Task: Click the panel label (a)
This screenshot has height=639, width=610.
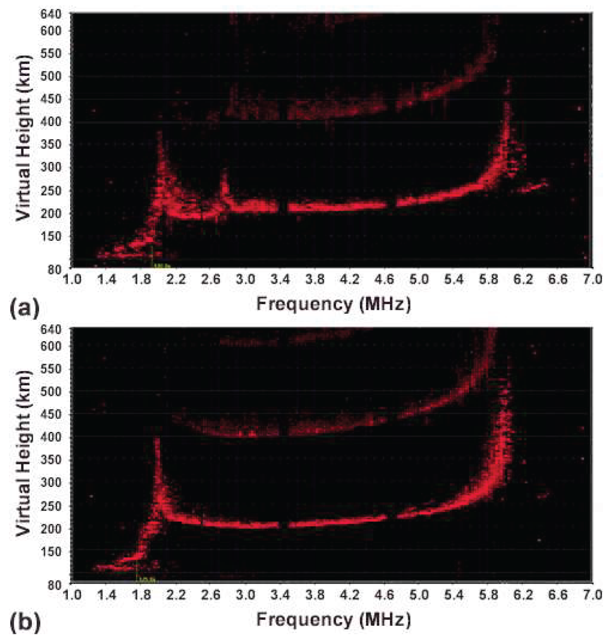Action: [25, 308]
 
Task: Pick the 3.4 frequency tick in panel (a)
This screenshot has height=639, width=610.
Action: [280, 279]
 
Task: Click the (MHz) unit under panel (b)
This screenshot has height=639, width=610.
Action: [386, 620]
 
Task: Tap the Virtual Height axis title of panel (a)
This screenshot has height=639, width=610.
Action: [23, 138]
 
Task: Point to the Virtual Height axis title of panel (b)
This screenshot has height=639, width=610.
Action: [23, 453]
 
